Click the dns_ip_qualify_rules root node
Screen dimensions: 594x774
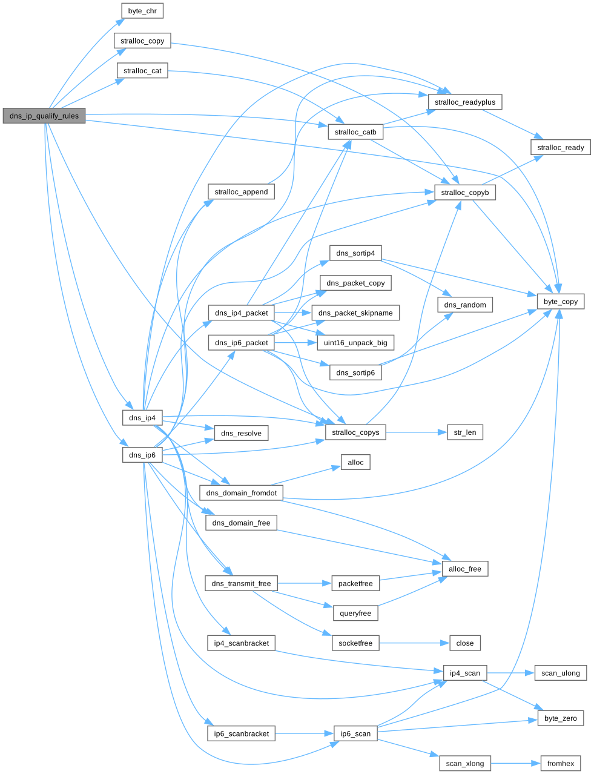tap(44, 116)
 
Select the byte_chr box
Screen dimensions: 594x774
tap(142, 11)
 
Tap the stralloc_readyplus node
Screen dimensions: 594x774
tap(465, 102)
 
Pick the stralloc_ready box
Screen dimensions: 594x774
tap(561, 147)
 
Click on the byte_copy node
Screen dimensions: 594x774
tap(561, 302)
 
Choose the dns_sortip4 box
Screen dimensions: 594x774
tap(355, 253)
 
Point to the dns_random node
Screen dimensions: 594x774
tap(465, 305)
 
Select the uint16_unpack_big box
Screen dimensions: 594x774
tap(355, 343)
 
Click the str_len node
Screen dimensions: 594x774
tap(465, 432)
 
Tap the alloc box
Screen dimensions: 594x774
tap(355, 462)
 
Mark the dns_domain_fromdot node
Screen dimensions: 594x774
tap(241, 492)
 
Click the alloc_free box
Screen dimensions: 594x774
tap(465, 569)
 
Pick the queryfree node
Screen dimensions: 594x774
tap(355, 613)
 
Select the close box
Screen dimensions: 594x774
tap(465, 643)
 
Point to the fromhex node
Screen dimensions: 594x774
tap(561, 763)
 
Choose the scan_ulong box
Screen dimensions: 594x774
tap(561, 673)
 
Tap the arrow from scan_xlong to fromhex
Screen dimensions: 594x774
tap(516, 763)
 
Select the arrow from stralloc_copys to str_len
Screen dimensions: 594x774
tap(417, 432)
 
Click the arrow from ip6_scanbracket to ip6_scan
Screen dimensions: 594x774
tap(305, 733)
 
